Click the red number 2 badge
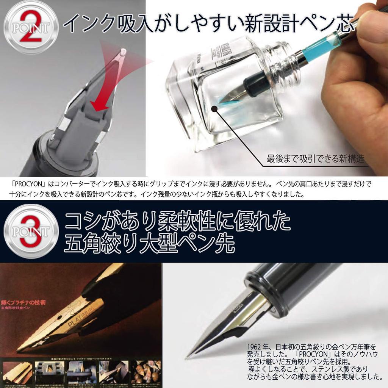[x=31, y=27]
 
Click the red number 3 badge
[x=31, y=231]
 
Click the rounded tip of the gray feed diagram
[x=124, y=52]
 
